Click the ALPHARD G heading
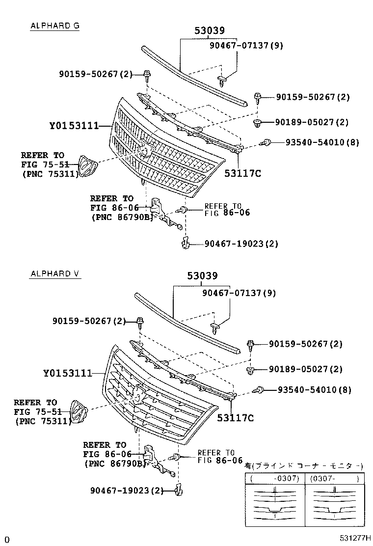pos(54,26)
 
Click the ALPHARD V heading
pos(54,273)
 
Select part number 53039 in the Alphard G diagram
pos(209,30)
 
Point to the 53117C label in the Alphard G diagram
pos(242,173)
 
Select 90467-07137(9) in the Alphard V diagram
pos(239,293)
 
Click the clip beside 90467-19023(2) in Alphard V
pos(179,489)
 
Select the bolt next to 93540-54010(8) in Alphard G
pos(266,142)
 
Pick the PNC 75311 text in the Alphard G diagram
pos(51,173)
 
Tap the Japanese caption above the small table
pos(304,465)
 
